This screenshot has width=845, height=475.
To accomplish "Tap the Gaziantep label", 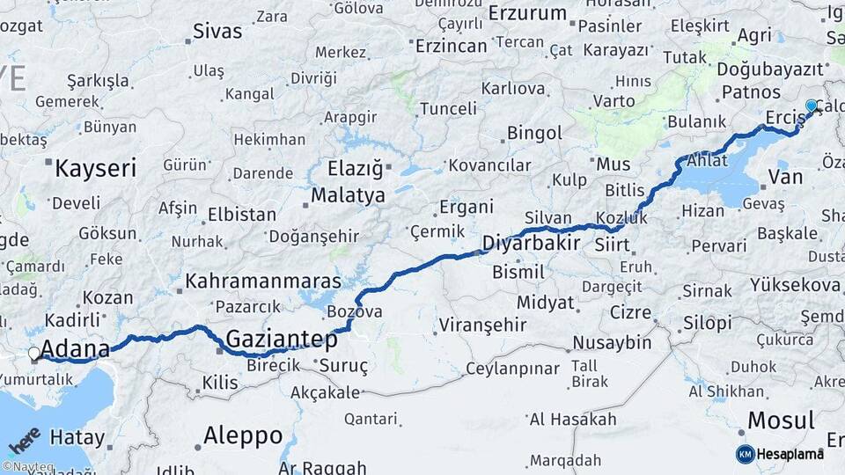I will (282, 339).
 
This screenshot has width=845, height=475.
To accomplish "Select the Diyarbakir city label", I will (530, 243).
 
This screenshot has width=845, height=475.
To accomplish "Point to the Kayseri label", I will (95, 168).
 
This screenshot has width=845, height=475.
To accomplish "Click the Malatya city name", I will (348, 195).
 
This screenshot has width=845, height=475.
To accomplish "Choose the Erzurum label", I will (526, 13).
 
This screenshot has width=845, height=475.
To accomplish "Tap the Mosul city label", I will (780, 420).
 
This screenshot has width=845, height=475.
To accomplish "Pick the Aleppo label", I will (242, 435).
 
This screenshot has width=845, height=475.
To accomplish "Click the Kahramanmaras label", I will (261, 282).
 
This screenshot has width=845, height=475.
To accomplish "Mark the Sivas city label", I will (217, 32).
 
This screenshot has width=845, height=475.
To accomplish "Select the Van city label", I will (785, 177).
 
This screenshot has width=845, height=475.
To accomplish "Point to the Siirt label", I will (612, 244).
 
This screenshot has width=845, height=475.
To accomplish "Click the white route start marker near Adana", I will (34, 354).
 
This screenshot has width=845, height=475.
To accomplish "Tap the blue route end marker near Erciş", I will (811, 106).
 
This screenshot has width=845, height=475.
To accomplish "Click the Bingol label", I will (534, 134).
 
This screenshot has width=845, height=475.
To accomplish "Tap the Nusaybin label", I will (612, 342).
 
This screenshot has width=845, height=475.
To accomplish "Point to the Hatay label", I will (77, 436).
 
